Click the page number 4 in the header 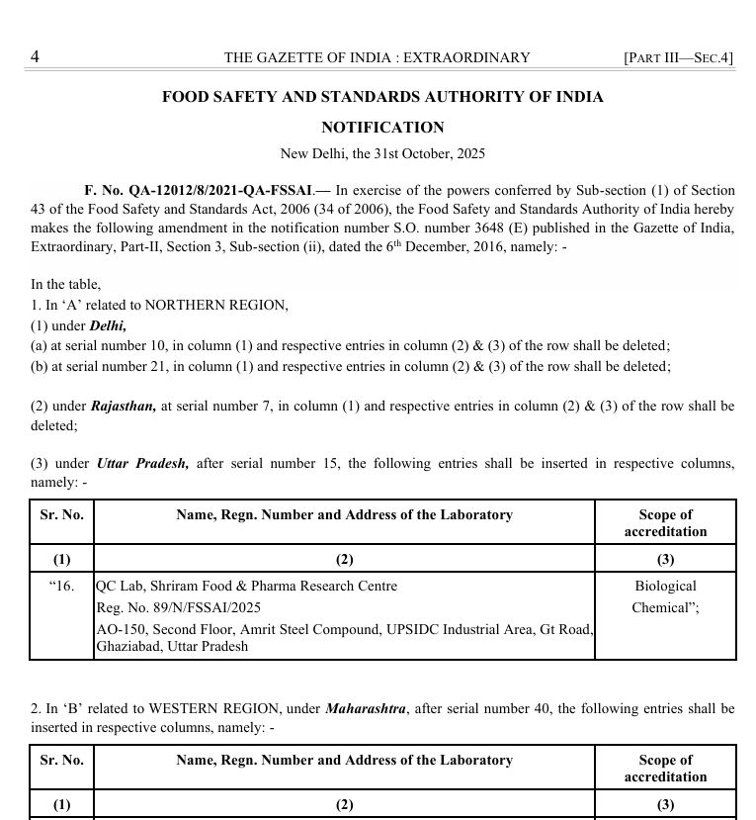(x=35, y=56)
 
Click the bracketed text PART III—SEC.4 (x=678, y=57)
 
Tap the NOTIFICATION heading (x=382, y=128)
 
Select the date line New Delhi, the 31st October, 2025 (x=382, y=153)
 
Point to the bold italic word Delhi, (x=108, y=325)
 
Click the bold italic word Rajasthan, (x=124, y=406)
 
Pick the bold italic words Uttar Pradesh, (x=142, y=463)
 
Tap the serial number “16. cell (x=61, y=586)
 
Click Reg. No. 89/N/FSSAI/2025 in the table (x=178, y=607)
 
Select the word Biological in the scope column (x=665, y=586)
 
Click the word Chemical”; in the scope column (x=665, y=607)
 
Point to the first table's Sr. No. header (x=61, y=514)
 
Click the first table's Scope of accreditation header (x=665, y=522)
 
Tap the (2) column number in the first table (x=344, y=559)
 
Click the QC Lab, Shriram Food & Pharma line (x=246, y=586)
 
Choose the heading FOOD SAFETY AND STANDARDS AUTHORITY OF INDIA (x=382, y=97)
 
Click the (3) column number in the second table (x=665, y=804)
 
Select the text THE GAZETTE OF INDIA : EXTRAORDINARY (x=377, y=57)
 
